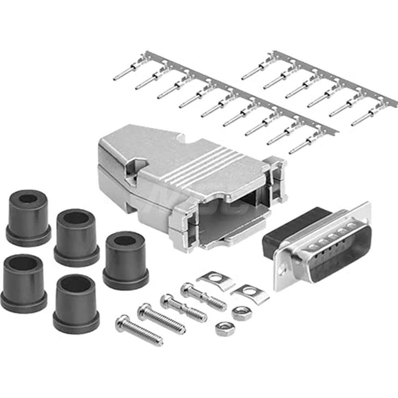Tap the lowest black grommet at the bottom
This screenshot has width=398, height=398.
point(76,302)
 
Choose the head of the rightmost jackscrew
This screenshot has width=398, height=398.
point(186,287)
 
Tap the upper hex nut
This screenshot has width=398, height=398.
point(240,313)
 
